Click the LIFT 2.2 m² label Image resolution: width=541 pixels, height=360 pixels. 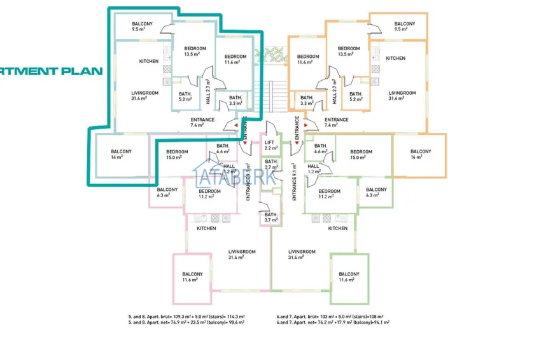270,145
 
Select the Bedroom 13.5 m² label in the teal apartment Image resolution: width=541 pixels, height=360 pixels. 195,52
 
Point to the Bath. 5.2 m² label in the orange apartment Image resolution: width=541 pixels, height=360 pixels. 355,97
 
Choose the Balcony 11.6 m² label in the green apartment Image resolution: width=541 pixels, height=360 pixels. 349,277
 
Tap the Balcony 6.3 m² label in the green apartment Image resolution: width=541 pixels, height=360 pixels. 376,192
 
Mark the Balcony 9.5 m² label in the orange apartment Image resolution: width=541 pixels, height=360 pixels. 405,27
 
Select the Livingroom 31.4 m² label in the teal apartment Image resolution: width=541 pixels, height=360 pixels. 144,95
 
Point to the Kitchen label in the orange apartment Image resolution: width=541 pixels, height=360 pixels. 395,59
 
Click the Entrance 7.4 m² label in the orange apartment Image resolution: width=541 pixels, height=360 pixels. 336,122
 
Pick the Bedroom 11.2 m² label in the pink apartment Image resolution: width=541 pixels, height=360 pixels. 209,194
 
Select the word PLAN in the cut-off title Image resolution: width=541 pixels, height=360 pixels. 83,71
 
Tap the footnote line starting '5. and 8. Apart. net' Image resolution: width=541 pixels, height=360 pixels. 186,322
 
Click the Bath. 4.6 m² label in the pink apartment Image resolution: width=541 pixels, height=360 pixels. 223,149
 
